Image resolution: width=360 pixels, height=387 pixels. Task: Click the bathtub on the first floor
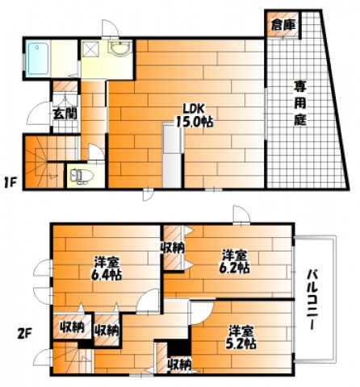coord(39,59)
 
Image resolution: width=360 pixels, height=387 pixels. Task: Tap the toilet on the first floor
coord(82,177)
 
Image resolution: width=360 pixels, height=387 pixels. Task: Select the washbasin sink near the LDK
coord(120,48)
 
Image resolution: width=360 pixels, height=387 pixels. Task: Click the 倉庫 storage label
coord(283,25)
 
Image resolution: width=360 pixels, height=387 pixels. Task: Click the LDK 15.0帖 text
coord(195,116)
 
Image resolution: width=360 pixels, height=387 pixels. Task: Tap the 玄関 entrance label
coord(65,114)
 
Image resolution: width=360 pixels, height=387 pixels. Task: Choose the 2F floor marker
coord(24,335)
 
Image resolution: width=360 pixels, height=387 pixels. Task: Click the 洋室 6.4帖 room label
coord(107,268)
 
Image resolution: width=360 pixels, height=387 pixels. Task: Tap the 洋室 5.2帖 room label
coord(241,337)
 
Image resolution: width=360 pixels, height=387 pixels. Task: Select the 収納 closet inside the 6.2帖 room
coord(173,248)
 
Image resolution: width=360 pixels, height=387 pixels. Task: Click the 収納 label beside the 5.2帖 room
coord(179,364)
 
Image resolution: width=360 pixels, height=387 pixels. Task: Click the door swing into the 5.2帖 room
coord(202,313)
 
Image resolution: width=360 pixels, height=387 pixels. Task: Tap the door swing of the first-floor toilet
coord(96,152)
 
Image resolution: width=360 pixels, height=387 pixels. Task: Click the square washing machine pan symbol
coord(90,49)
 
